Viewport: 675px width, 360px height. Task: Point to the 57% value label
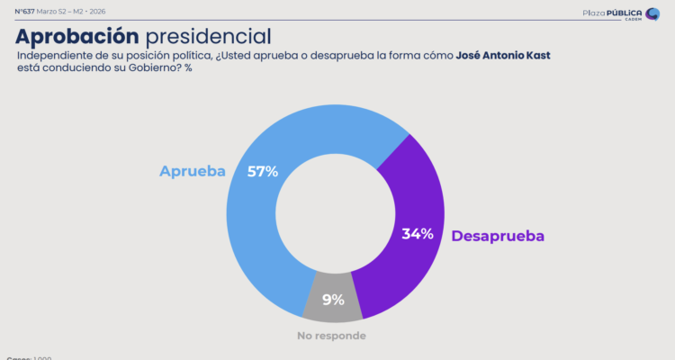coord(263,170)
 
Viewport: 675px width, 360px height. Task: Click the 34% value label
coord(418,234)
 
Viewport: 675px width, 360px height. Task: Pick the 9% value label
coord(333,300)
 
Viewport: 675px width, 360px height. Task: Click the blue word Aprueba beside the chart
coord(193,171)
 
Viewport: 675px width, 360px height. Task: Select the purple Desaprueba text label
coord(498,236)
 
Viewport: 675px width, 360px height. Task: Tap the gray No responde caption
coord(332,336)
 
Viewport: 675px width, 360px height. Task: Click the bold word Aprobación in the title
coord(77,36)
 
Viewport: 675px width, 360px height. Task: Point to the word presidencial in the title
coord(208,36)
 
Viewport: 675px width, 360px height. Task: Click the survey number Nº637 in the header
coord(24,11)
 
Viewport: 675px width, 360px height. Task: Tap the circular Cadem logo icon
coord(652,13)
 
